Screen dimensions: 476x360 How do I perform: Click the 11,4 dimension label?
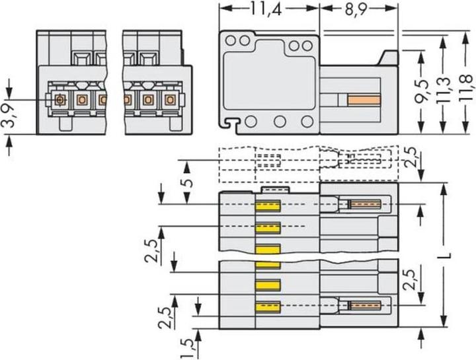tap(266, 9)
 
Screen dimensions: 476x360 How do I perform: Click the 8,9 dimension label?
tap(356, 9)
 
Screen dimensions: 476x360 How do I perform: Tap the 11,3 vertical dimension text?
tap(442, 90)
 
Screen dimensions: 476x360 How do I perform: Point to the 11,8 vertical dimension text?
tap(466, 88)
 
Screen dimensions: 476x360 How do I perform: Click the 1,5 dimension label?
tap(188, 349)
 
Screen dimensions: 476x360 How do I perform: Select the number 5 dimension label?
tap(188, 183)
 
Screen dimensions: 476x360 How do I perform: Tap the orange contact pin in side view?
tap(364, 100)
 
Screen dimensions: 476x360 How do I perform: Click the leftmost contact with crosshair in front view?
tap(60, 99)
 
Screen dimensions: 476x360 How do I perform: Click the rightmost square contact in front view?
tap(171, 99)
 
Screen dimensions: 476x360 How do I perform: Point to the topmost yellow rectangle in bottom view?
tap(268, 205)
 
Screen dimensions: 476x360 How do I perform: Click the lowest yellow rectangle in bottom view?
tap(268, 307)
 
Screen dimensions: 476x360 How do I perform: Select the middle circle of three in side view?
tap(280, 122)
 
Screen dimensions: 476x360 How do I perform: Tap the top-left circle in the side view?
tap(231, 40)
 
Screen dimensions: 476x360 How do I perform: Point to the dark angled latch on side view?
tap(388, 57)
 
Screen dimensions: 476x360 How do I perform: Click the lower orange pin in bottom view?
tap(366, 305)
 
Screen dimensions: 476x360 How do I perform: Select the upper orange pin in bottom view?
tap(366, 204)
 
